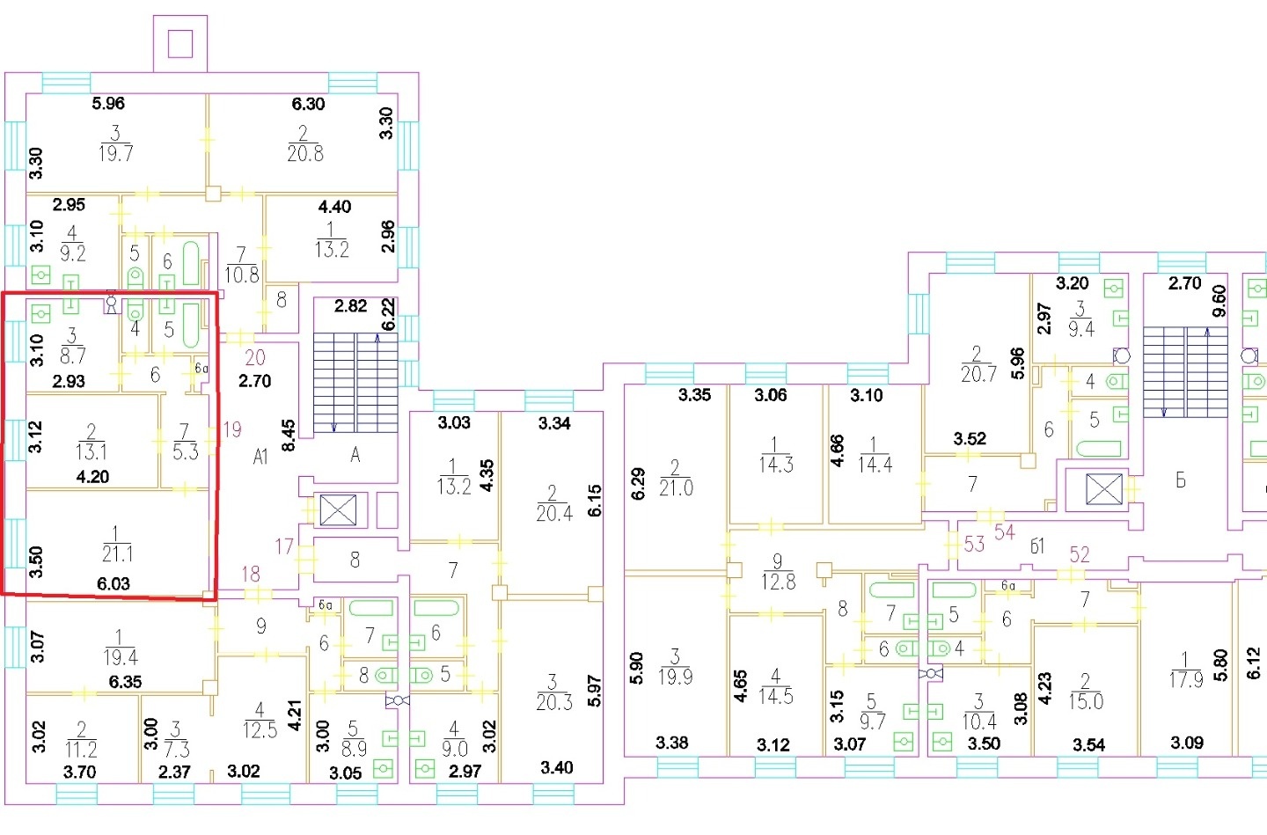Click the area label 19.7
point(116,153)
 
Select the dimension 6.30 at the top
point(308,104)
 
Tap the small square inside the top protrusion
point(180,44)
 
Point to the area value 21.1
point(118,553)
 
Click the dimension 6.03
point(114,584)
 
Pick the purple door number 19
point(232,429)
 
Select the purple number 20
point(255,357)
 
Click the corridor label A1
point(260,457)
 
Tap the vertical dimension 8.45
point(289,435)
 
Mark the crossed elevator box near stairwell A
point(338,510)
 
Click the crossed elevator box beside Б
point(1104,489)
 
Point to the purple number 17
point(284,546)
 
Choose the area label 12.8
point(779,582)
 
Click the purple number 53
point(975,545)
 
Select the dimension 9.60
point(1219,301)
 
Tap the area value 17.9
point(1185,679)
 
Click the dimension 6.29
point(638,484)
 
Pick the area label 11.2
point(82,751)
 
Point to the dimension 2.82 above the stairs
point(351,306)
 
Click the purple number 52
point(1080,554)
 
